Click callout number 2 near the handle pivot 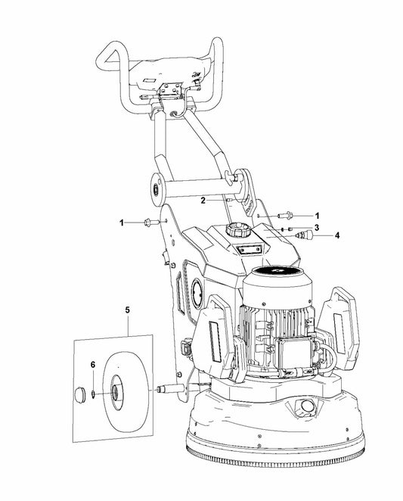203,201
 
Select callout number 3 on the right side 317,228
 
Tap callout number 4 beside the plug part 337,235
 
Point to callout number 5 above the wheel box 128,310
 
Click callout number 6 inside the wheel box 93,365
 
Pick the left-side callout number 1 121,222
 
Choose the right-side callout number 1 317,216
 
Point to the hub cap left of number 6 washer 79,394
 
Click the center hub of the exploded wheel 114,392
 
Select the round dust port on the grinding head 307,406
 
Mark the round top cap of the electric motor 277,271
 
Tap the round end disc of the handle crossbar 157,190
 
